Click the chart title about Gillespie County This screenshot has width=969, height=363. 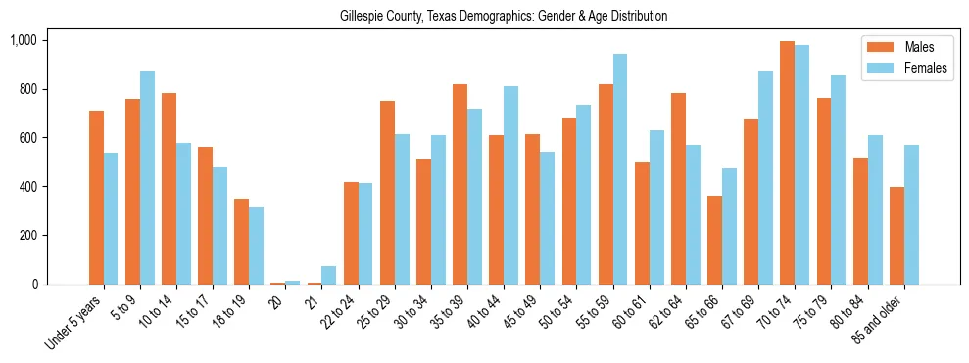504,16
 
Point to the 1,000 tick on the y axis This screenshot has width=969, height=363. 23,40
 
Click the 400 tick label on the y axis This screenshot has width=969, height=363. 27,187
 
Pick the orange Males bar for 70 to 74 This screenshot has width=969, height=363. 787,163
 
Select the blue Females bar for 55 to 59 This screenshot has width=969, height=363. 620,170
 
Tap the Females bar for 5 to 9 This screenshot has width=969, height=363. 147,178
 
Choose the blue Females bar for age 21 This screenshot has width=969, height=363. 329,276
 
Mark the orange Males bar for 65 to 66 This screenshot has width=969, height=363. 714,240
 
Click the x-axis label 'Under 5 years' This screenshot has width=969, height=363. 73,322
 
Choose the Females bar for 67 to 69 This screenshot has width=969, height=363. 765,178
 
